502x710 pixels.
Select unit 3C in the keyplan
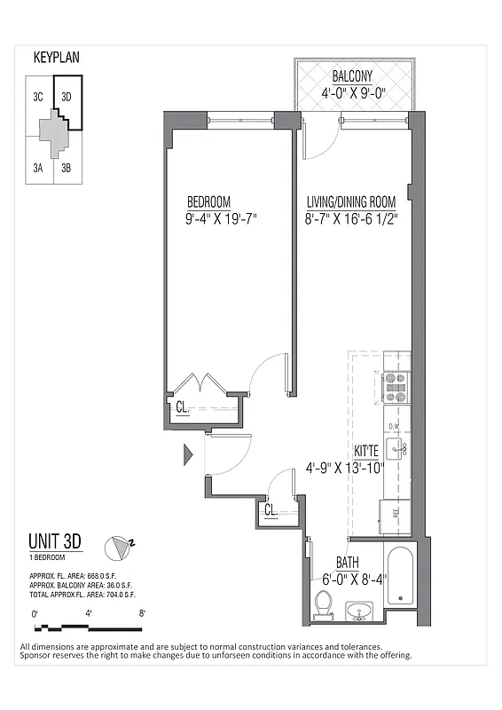tap(38, 98)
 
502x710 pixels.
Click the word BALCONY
tap(352, 76)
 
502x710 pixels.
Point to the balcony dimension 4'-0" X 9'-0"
tap(352, 92)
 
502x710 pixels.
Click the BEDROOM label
tap(208, 201)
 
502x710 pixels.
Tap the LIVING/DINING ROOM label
tap(351, 201)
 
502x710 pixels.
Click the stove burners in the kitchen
tap(395, 386)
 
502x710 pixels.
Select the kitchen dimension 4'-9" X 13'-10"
tap(344, 468)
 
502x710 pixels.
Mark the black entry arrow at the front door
tap(186, 455)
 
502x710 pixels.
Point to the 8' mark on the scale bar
tap(142, 612)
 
